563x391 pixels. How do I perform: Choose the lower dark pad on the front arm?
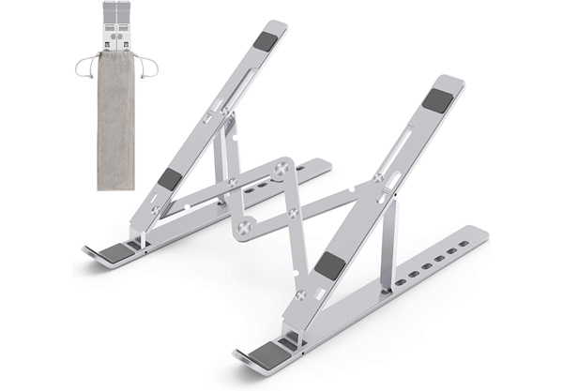329,265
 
